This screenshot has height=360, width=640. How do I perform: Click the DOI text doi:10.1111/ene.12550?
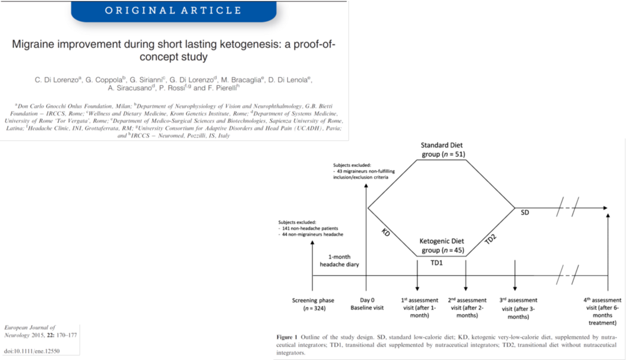click(x=32, y=352)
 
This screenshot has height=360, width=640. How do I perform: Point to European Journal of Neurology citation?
click(x=34, y=330)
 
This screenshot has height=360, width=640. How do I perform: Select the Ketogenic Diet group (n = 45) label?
click(x=442, y=246)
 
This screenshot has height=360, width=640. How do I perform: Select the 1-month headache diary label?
click(x=339, y=260)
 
